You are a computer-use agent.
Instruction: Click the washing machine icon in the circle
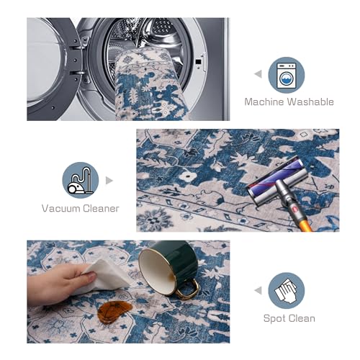(x=287, y=76)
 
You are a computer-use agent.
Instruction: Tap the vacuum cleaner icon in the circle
(x=81, y=181)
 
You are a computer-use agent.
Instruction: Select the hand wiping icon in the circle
(x=286, y=290)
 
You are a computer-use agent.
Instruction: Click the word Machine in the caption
(x=264, y=102)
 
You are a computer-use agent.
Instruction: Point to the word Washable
(x=311, y=102)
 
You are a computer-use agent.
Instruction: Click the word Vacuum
(x=60, y=208)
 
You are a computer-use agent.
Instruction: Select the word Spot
(x=274, y=319)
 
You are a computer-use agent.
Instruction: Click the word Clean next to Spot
(x=301, y=318)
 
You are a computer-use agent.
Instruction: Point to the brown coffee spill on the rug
(x=114, y=312)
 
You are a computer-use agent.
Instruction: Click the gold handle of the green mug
(x=189, y=289)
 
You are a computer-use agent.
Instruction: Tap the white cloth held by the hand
(x=106, y=277)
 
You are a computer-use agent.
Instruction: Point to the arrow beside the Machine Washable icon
(x=258, y=74)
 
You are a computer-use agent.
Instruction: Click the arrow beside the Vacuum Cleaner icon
(x=109, y=181)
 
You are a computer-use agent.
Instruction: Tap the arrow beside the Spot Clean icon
(x=258, y=290)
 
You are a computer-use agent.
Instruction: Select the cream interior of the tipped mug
(x=156, y=271)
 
